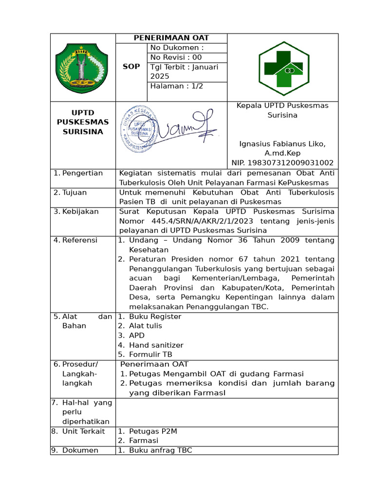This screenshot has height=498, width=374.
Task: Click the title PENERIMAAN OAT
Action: pos(171,38)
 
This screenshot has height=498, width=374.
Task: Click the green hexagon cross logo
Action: pos(283,67)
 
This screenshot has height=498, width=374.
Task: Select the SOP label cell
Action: pos(131,67)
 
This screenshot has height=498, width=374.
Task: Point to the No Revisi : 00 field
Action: pos(176,57)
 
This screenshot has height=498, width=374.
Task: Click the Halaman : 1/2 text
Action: pos(177,86)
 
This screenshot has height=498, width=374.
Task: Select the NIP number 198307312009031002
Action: pos(283,163)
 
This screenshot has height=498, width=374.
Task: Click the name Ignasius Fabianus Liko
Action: pos(282,144)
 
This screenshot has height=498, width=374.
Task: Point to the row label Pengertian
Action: pos(82,173)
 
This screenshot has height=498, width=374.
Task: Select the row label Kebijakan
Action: pos(80,212)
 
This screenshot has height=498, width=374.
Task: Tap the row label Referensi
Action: pos(80,240)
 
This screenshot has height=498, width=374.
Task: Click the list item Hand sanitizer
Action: pos(156,345)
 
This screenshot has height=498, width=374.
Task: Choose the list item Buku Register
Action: pos(155,317)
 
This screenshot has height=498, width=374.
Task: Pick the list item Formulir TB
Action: pos(150,355)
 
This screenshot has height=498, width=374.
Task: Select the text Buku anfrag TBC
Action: pos(160,450)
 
